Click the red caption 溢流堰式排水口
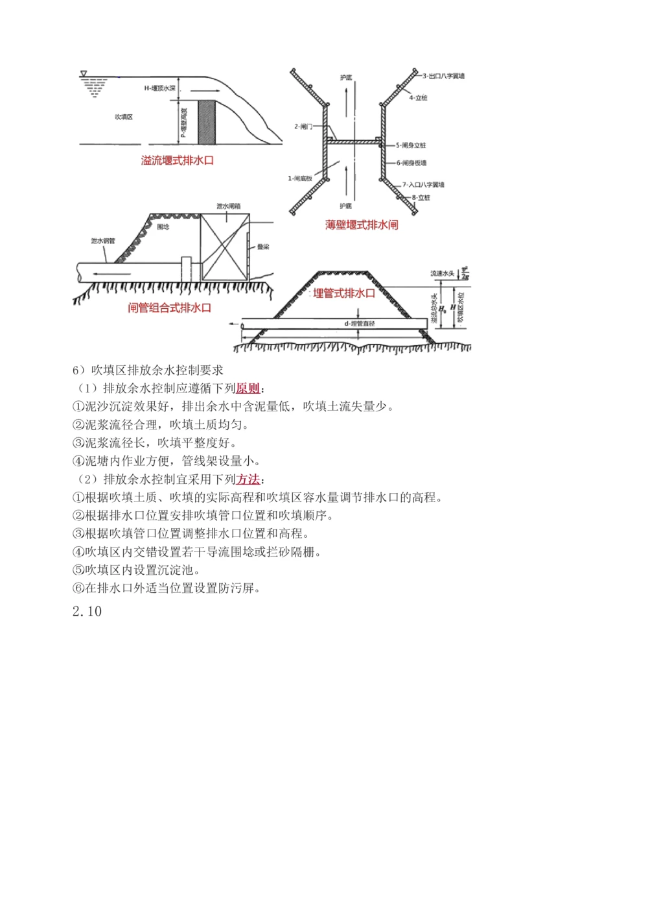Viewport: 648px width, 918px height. (177, 160)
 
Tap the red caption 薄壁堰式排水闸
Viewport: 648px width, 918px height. (362, 225)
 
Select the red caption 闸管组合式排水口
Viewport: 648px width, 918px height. (170, 308)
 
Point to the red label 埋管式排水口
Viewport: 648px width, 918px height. (344, 293)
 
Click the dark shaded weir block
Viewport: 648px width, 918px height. (206, 122)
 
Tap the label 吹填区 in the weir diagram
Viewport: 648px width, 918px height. (123, 117)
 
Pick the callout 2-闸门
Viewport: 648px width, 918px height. (303, 127)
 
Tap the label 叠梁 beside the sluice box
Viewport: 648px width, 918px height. (263, 247)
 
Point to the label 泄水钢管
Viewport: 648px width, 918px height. (102, 241)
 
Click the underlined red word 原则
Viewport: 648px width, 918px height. (248, 389)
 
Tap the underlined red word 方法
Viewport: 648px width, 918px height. (248, 479)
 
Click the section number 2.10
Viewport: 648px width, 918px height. (87, 612)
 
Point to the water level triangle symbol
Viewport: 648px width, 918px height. (84, 74)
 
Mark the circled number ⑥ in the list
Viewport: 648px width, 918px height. (78, 588)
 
